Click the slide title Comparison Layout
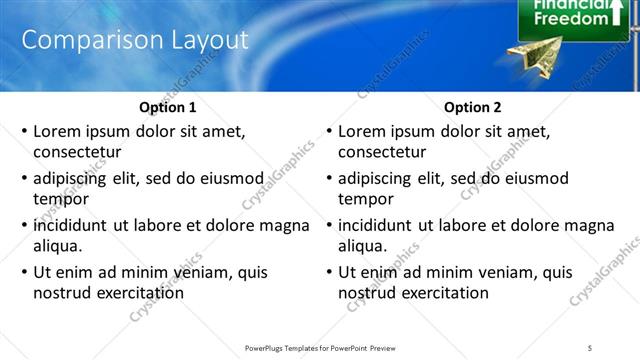coord(134,40)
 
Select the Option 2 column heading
coord(473,107)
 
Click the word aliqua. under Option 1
coord(58,246)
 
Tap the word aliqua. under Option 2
coord(363,246)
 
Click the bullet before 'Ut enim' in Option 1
coord(24,272)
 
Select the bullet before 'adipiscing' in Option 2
coord(329,179)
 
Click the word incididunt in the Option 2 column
coord(379,225)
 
